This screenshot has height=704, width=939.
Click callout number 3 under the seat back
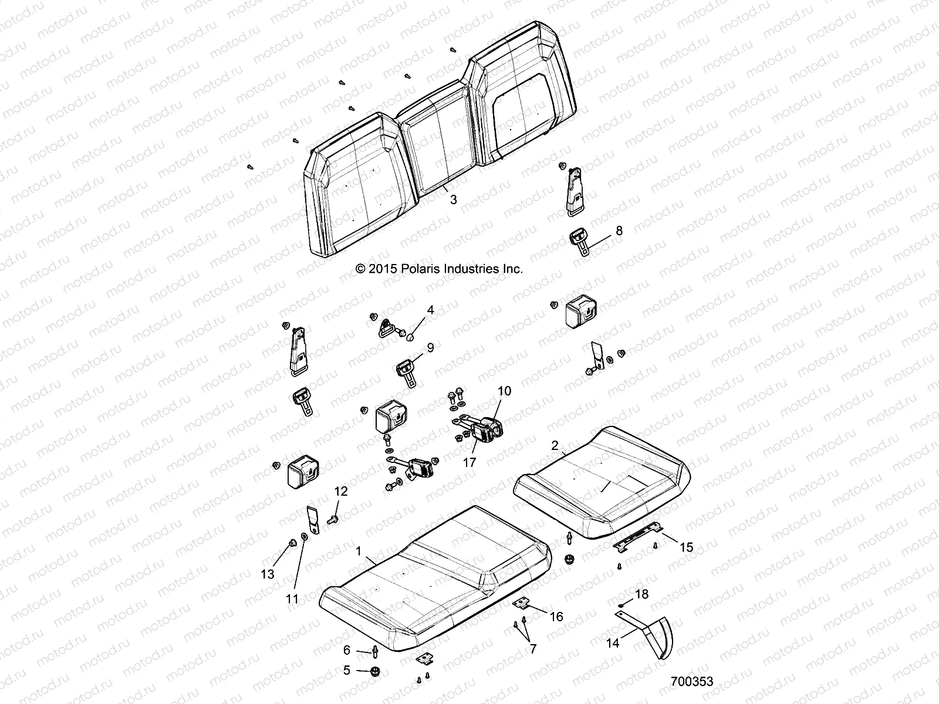click(x=453, y=199)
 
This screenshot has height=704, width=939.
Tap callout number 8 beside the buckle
click(x=619, y=231)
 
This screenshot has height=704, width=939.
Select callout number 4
click(x=430, y=309)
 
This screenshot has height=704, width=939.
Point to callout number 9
click(x=430, y=348)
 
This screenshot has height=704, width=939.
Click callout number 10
click(x=504, y=391)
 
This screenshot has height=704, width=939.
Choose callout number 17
click(x=469, y=462)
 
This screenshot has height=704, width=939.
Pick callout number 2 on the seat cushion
click(x=554, y=445)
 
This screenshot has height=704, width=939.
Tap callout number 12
click(x=341, y=491)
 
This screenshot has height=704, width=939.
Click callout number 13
click(x=268, y=574)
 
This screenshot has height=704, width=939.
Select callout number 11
click(x=292, y=599)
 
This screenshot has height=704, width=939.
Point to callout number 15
click(x=685, y=547)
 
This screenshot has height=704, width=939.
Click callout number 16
click(x=556, y=617)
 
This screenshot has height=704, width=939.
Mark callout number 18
click(x=641, y=594)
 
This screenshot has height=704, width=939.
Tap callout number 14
click(x=613, y=644)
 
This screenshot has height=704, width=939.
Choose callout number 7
click(x=532, y=649)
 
